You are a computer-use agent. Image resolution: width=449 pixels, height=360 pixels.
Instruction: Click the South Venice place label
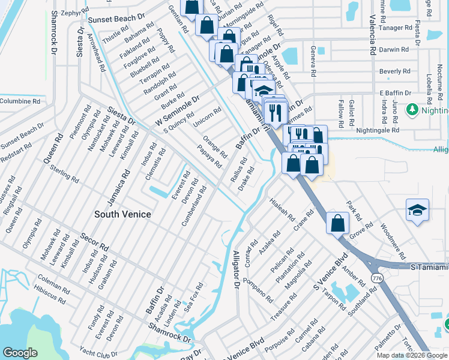pyautogui.click(x=122, y=214)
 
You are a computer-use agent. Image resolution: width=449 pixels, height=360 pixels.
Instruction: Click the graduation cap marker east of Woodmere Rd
pyautogui.click(x=417, y=210)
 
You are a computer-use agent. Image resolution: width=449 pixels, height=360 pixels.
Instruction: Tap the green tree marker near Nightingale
pyautogui.click(x=412, y=110)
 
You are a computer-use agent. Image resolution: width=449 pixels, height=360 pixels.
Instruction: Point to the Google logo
pyautogui.click(x=20, y=353)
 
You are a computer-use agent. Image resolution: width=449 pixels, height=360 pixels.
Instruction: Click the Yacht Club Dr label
pyautogui.click(x=98, y=354)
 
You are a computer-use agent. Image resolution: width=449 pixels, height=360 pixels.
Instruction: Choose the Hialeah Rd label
pyautogui.click(x=282, y=209)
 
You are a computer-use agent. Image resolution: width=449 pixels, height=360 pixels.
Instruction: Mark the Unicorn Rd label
pyautogui.click(x=207, y=117)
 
